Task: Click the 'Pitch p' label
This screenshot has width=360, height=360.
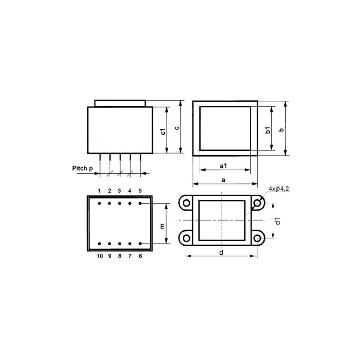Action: pos(82,168)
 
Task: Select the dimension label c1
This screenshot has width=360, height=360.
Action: pos(163,131)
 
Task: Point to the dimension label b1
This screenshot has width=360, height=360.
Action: pos(268,130)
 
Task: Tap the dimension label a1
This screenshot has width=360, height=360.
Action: pos(223,166)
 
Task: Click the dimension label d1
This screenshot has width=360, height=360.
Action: pos(278,221)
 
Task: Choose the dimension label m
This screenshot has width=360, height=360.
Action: pos(162,226)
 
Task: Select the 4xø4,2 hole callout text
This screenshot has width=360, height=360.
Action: pos(279,189)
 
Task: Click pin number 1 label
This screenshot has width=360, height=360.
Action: pos(99,191)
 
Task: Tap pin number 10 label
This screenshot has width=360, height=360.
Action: pos(100,256)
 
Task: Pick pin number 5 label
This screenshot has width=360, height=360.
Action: pos(140,191)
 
